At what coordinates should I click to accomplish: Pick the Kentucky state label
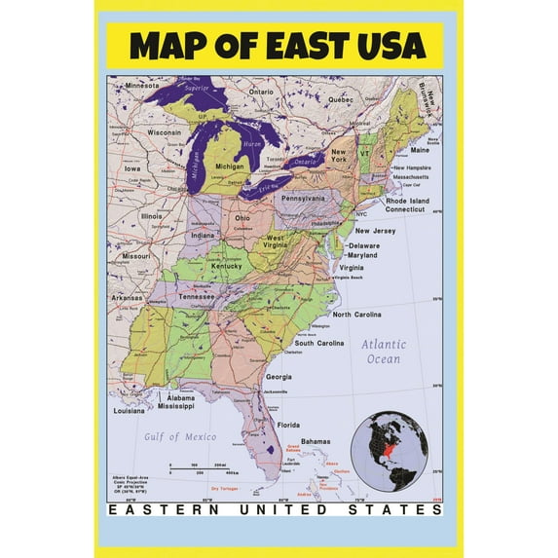(227, 266)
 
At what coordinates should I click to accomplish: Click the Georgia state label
(279, 377)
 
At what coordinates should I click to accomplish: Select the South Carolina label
(319, 344)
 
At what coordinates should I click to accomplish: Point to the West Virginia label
(276, 242)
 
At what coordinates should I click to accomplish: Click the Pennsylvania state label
(303, 198)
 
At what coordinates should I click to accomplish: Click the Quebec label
(340, 99)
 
